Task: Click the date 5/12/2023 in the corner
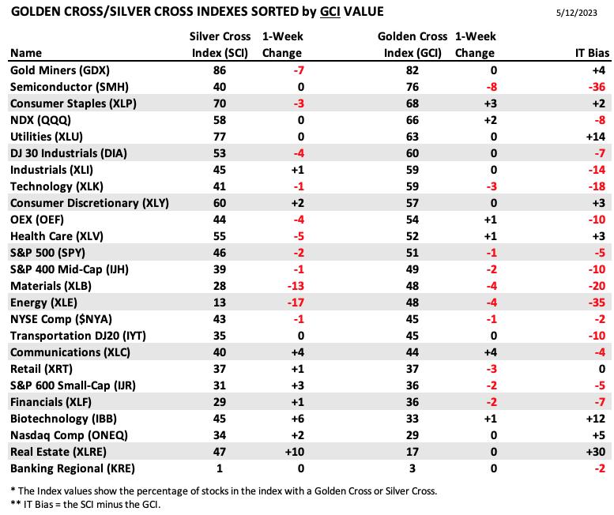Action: pos(576,13)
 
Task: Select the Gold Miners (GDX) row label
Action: pos(60,70)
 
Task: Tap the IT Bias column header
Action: pos(592,53)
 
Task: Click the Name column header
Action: pos(26,53)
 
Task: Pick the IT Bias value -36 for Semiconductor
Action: pos(597,87)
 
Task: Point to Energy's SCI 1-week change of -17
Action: pos(296,303)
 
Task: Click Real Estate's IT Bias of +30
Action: pos(596,452)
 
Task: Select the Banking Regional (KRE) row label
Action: pos(73,468)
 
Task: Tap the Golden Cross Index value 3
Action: pos(412,468)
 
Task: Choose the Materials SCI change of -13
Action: pos(296,286)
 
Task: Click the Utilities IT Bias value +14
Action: pos(596,137)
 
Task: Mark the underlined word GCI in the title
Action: pos(330,11)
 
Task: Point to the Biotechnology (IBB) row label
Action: pos(63,419)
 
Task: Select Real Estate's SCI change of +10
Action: pos(295,452)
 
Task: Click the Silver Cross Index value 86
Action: pos(220,70)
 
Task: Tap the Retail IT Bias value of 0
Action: pos(602,369)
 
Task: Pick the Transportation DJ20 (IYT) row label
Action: pos(78,336)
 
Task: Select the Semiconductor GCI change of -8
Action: pos(492,87)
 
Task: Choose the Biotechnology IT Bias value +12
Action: pos(596,419)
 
